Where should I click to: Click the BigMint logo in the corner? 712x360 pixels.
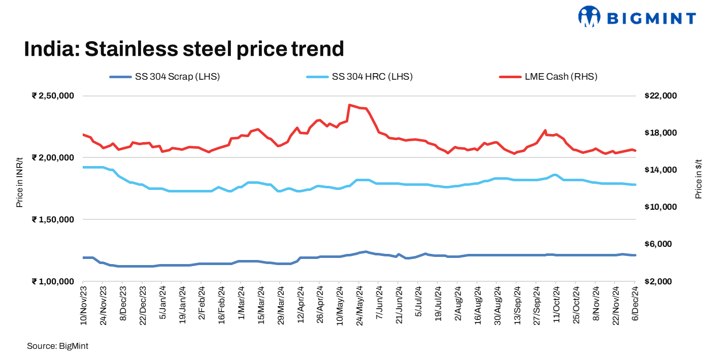(637, 17)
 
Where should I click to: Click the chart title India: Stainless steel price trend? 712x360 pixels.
(184, 49)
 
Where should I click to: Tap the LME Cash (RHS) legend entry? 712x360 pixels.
(548, 77)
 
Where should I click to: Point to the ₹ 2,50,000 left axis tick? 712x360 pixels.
(53, 95)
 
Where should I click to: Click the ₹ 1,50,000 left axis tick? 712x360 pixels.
(53, 219)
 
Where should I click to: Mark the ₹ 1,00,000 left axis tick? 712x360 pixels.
(53, 281)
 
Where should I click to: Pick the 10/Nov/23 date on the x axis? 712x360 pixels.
(83, 305)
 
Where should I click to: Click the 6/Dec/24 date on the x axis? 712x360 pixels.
(635, 303)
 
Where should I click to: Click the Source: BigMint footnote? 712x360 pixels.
(57, 346)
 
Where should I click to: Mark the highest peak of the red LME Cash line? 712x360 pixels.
(349, 105)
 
